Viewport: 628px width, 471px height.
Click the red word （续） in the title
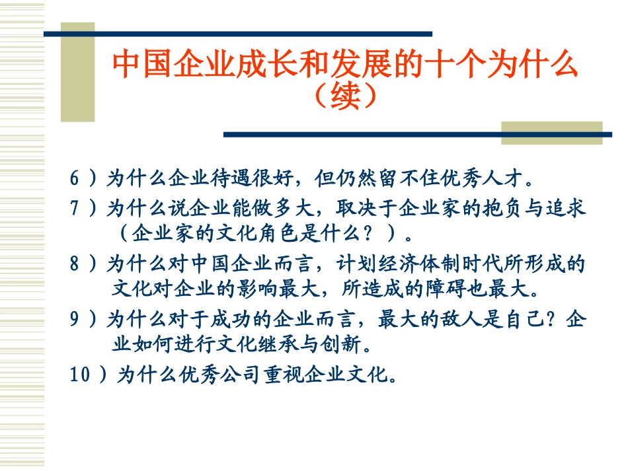click(345, 96)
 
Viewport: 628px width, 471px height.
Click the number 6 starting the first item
click(75, 178)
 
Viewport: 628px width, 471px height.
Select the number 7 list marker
click(75, 207)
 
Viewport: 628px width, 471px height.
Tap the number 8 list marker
click(75, 264)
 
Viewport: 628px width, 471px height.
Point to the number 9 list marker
click(75, 319)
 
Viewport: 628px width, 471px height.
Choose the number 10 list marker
click(80, 374)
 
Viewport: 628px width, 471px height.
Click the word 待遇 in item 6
click(231, 178)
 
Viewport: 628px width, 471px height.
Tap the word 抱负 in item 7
click(502, 208)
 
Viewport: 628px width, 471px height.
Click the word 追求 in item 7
click(565, 208)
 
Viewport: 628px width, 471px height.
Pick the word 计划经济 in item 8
click(377, 264)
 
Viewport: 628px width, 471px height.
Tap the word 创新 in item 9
click(341, 344)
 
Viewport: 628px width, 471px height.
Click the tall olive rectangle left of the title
click(78, 72)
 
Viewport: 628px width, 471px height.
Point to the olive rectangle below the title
click(552, 133)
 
